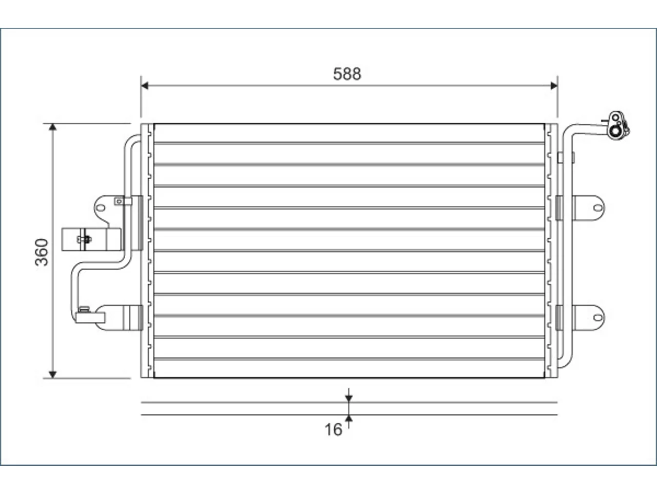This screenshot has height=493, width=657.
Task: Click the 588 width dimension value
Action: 347,74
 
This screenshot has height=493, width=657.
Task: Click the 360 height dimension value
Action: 42,252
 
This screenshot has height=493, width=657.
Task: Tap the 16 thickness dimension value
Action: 333,430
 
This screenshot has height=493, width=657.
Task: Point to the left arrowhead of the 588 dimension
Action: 145,86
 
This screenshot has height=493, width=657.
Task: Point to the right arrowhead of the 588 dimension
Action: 554,86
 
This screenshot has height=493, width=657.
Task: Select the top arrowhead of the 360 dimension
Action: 53,127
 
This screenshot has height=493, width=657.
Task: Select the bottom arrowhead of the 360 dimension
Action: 53,374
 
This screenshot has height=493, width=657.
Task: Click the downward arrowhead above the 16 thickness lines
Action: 349,399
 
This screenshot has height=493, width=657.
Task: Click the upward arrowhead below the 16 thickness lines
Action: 349,419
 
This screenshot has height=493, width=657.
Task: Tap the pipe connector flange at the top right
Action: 617,125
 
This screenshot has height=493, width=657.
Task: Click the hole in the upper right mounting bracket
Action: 598,208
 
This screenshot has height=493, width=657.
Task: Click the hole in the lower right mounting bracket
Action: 598,317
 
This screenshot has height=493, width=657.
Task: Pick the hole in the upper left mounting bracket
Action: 101,208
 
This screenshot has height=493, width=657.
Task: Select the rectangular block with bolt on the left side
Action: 91,239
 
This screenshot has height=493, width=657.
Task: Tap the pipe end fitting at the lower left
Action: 89,317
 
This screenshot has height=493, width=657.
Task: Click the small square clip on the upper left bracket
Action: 119,201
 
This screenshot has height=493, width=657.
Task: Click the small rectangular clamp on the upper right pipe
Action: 560,158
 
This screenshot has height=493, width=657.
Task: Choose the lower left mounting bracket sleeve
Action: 119,317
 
